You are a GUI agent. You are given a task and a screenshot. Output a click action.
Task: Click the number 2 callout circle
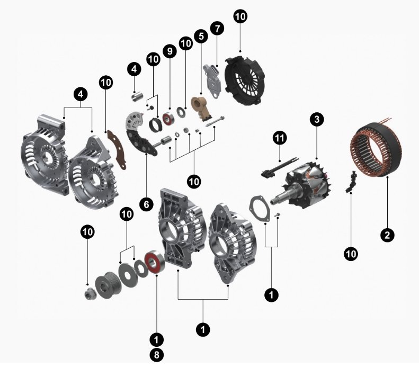pos(387,235)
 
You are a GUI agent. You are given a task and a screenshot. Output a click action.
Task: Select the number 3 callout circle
pos(317,119)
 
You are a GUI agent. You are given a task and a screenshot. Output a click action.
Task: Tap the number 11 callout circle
pos(280,138)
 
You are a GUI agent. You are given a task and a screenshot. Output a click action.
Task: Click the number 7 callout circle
pos(217,28)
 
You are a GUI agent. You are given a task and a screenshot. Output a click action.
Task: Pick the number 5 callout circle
pos(201,36)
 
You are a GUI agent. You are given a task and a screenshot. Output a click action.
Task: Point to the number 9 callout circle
pos(170,51)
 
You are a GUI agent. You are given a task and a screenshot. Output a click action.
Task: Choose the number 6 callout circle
pos(146,204)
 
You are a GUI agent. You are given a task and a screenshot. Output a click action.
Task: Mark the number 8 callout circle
pos(157,355)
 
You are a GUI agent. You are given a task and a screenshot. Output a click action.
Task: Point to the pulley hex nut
pos(88,294)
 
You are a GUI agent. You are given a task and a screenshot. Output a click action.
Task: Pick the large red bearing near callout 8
pos(154,262)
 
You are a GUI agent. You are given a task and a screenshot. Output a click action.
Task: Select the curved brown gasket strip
pos(117,149)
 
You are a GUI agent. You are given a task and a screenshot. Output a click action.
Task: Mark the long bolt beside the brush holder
pos(215,121)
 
